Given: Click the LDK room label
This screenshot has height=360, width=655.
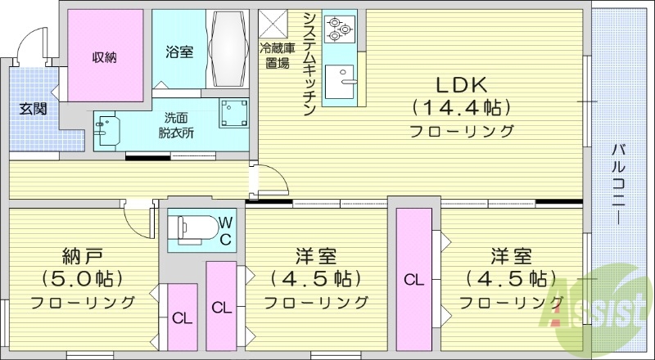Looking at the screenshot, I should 462,84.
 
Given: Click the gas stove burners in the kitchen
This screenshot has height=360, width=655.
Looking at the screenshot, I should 337,29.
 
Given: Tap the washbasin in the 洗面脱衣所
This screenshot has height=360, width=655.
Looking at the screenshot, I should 107,130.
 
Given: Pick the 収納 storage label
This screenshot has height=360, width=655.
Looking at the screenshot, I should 103,57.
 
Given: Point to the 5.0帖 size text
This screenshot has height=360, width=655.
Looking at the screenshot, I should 81,278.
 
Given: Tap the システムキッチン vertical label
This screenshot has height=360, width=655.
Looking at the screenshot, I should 309,65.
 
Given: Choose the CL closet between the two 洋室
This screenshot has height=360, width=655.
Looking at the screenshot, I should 414,279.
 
